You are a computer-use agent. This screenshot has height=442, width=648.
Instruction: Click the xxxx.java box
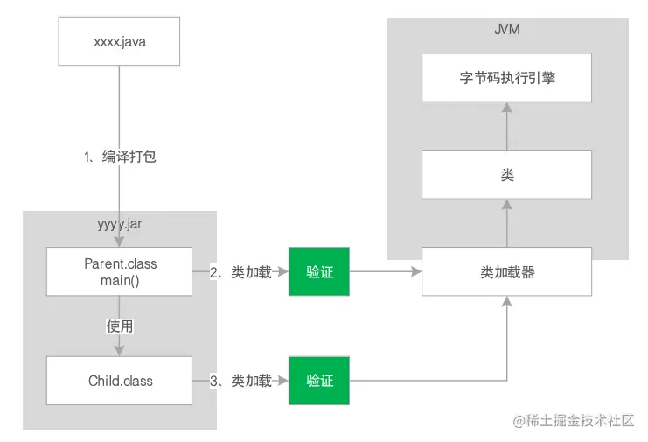[x=118, y=41]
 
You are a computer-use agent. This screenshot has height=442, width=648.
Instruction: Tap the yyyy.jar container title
[x=120, y=224]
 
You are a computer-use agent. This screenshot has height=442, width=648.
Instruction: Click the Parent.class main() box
[x=120, y=271]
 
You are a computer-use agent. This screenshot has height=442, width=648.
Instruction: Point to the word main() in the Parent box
[x=120, y=280]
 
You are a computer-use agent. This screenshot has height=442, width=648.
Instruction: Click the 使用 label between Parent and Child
[x=120, y=326]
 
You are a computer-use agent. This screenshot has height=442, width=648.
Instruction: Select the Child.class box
[x=120, y=381]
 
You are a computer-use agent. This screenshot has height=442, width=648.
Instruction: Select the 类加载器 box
[x=506, y=272]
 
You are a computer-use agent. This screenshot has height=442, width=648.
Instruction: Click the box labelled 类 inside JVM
[x=506, y=175]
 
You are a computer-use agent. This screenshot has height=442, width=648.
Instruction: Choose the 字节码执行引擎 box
[x=506, y=77]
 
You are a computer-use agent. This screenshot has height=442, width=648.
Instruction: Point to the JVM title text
[x=507, y=32]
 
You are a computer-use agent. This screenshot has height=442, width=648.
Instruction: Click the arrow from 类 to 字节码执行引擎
[x=506, y=125]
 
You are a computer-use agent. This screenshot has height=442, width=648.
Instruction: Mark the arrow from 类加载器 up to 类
[x=506, y=223]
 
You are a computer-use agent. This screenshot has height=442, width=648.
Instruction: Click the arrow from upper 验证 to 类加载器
[x=385, y=272]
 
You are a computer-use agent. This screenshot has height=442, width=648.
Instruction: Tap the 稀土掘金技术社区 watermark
[x=572, y=421]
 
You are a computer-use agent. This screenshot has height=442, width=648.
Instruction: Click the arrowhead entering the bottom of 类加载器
[x=506, y=301]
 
